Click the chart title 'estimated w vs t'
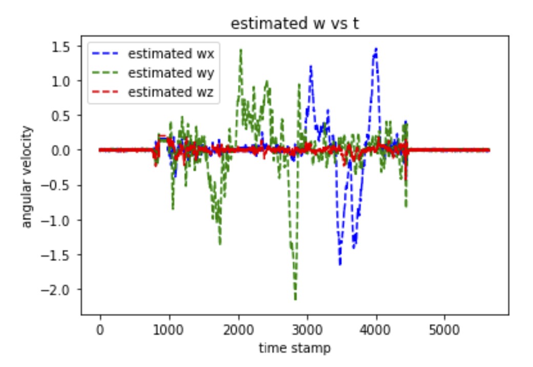point(295,24)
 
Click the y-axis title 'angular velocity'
point(27,177)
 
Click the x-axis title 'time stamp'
point(295,349)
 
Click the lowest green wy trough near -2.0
point(295,298)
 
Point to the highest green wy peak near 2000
point(240,50)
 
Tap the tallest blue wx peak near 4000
point(376,49)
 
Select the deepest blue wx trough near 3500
point(340,264)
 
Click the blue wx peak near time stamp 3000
point(310,67)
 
